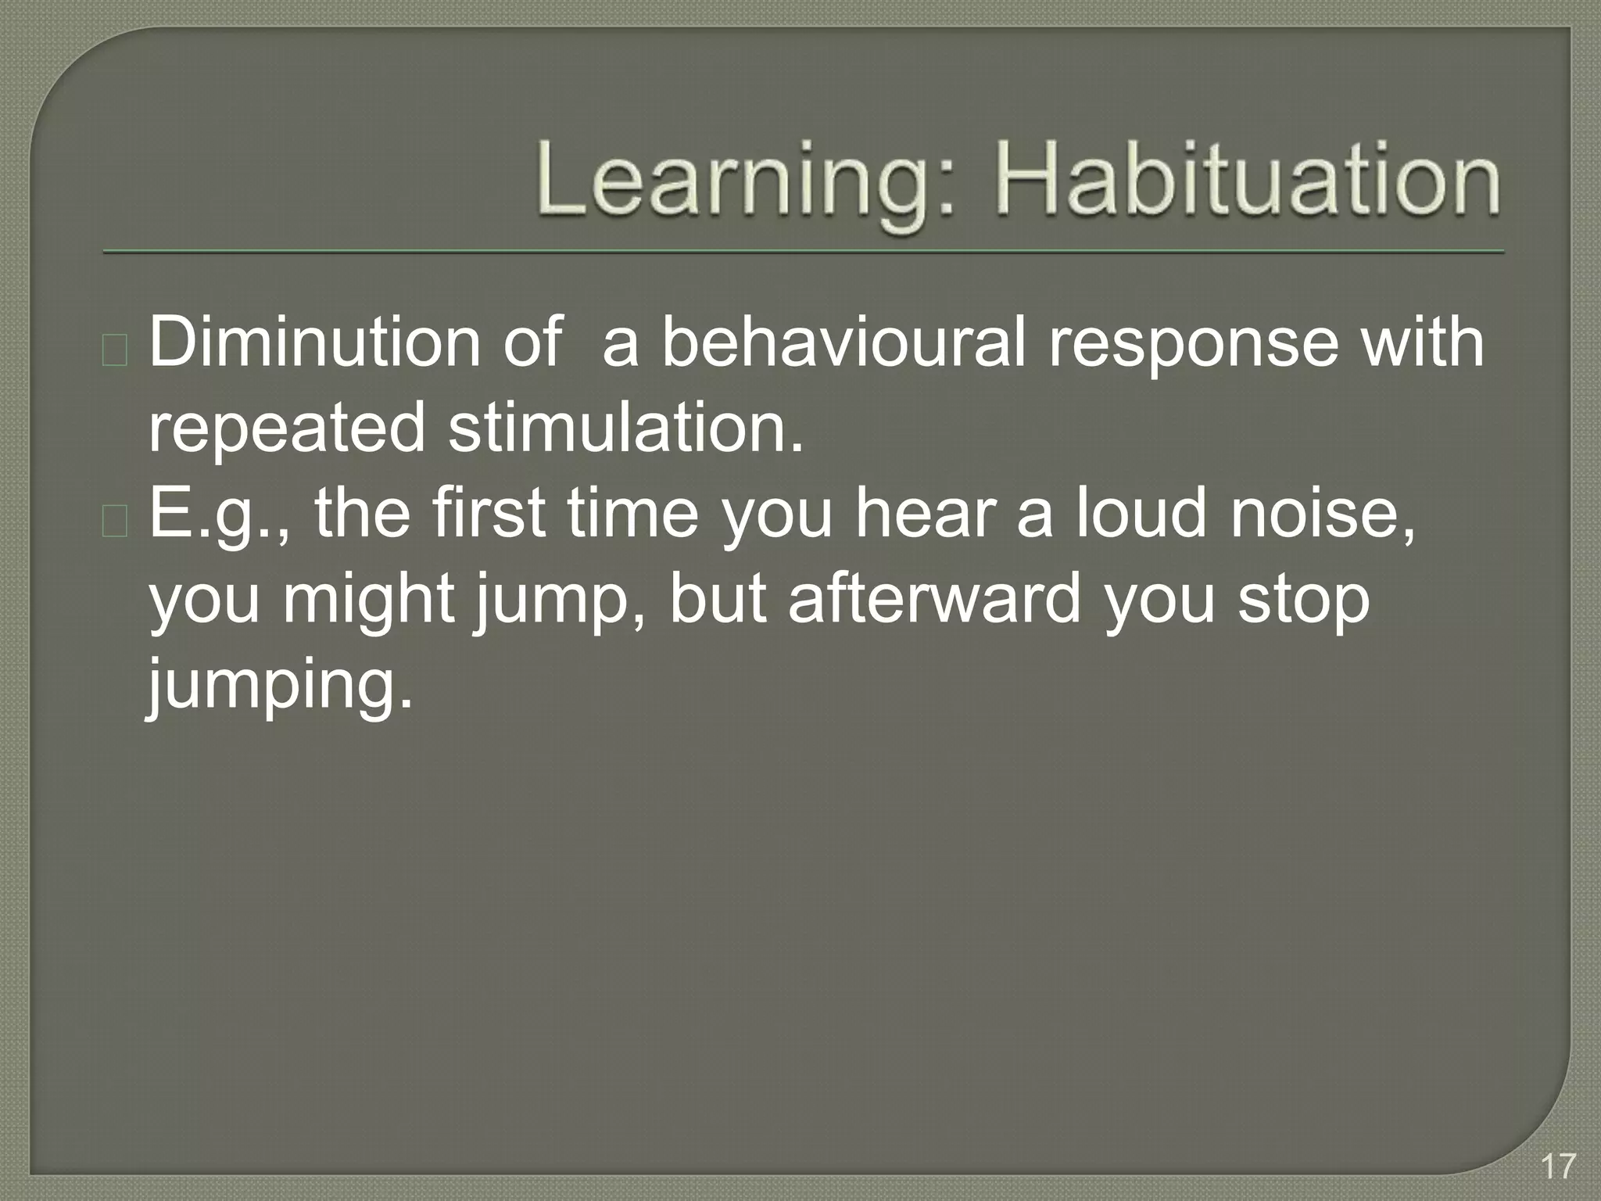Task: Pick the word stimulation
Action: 625,427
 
